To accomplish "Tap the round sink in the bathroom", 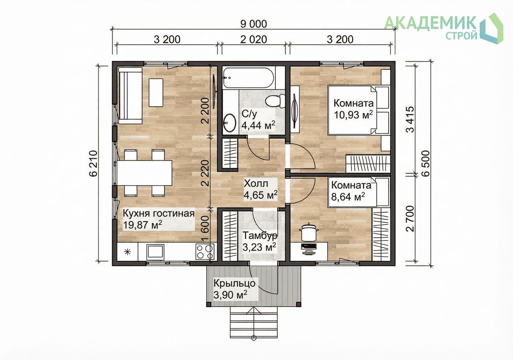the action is click(x=230, y=123).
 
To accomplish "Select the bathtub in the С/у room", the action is click(x=248, y=78).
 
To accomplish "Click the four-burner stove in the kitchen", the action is click(x=205, y=252).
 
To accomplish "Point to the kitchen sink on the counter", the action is click(x=155, y=252).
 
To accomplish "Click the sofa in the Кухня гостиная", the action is click(x=130, y=95).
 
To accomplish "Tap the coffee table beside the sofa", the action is click(x=156, y=93).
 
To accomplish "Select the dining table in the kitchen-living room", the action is click(x=145, y=173).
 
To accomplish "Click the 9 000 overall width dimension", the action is click(x=254, y=24).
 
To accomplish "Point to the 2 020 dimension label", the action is click(x=254, y=40).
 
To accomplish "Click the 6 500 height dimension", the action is click(x=426, y=163).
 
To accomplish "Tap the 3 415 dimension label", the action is click(x=410, y=119).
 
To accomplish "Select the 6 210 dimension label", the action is click(x=93, y=163).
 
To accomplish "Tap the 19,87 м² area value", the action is click(x=142, y=225).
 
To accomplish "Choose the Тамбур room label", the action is click(x=260, y=236).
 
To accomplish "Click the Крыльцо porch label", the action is click(x=234, y=283).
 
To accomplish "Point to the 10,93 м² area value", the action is click(x=353, y=115).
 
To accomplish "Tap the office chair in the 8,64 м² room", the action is click(x=309, y=233).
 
